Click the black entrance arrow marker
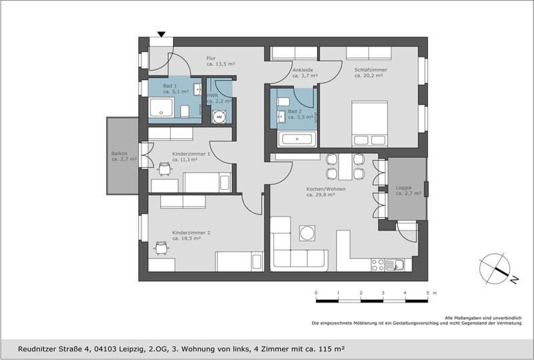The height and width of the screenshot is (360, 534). pyautogui.click(x=162, y=34)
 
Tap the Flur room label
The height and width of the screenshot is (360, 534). pyautogui.click(x=221, y=61)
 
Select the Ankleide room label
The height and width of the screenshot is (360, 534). pyautogui.click(x=305, y=73)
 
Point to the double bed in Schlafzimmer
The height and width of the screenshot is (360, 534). pyautogui.click(x=370, y=124)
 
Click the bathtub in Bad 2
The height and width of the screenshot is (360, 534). pyautogui.click(x=297, y=139)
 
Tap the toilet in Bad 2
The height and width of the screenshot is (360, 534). pyautogui.click(x=283, y=102)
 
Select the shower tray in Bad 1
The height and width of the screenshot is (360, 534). pyautogui.click(x=162, y=108)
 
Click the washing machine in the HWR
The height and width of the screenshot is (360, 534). pyautogui.click(x=219, y=117)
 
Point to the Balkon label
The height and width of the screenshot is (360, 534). pyautogui.click(x=124, y=156)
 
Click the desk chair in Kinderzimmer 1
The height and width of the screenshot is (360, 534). pyautogui.click(x=164, y=169)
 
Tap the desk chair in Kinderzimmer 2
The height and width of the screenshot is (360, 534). pyautogui.click(x=161, y=248)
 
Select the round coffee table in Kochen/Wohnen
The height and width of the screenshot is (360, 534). pyautogui.click(x=308, y=233)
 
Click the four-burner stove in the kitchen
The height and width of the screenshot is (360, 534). pyautogui.click(x=377, y=265)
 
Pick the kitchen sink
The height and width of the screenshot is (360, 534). pyautogui.click(x=394, y=265)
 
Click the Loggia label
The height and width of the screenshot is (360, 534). pyautogui.click(x=408, y=190)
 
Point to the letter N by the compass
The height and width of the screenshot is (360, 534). pyautogui.click(x=514, y=280)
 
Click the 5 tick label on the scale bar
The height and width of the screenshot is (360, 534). pyautogui.click(x=427, y=293)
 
